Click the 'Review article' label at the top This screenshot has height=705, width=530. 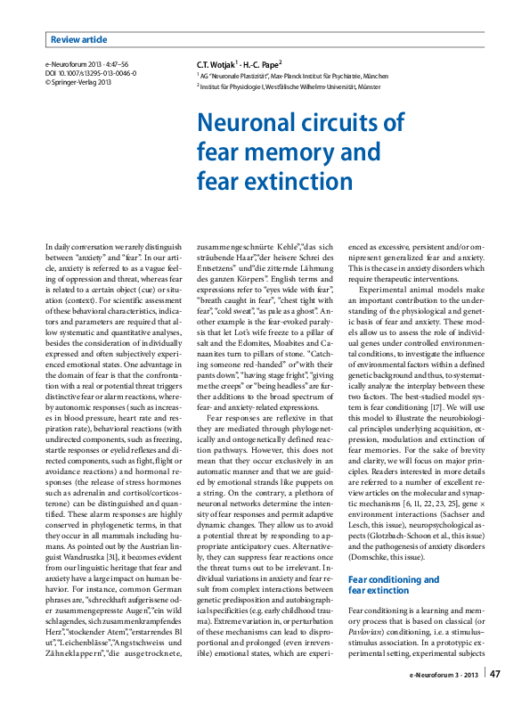78,39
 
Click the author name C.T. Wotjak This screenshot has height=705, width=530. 216,65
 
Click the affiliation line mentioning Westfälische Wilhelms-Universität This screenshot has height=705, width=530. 288,89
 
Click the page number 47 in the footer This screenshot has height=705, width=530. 495,674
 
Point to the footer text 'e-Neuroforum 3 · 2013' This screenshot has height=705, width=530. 443,675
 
